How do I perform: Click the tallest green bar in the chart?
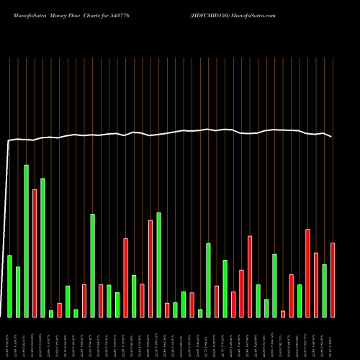click(x=26, y=241)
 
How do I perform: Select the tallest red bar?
click(x=35, y=253)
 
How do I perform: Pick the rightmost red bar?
click(x=333, y=279)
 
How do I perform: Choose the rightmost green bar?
click(x=324, y=290)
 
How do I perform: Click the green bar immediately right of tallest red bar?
click(x=42, y=247)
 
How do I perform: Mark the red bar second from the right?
click(x=316, y=284)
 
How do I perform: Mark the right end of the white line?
click(x=332, y=136)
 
